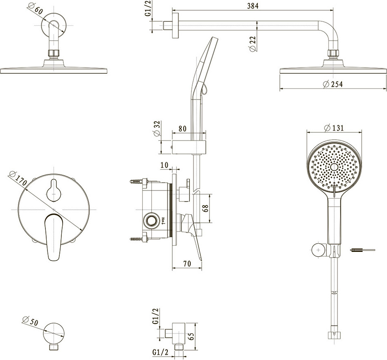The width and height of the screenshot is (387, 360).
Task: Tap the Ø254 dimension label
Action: [332, 84]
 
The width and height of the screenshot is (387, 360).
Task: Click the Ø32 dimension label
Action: [157, 130]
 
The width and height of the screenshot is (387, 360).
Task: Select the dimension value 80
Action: [182, 128]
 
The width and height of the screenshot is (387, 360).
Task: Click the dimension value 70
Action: [187, 264]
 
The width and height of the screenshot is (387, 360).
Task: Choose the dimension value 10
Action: [164, 165]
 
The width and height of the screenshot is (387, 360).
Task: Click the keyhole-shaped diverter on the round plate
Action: [54, 189]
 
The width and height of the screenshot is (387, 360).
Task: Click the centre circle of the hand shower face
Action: [335, 167]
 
